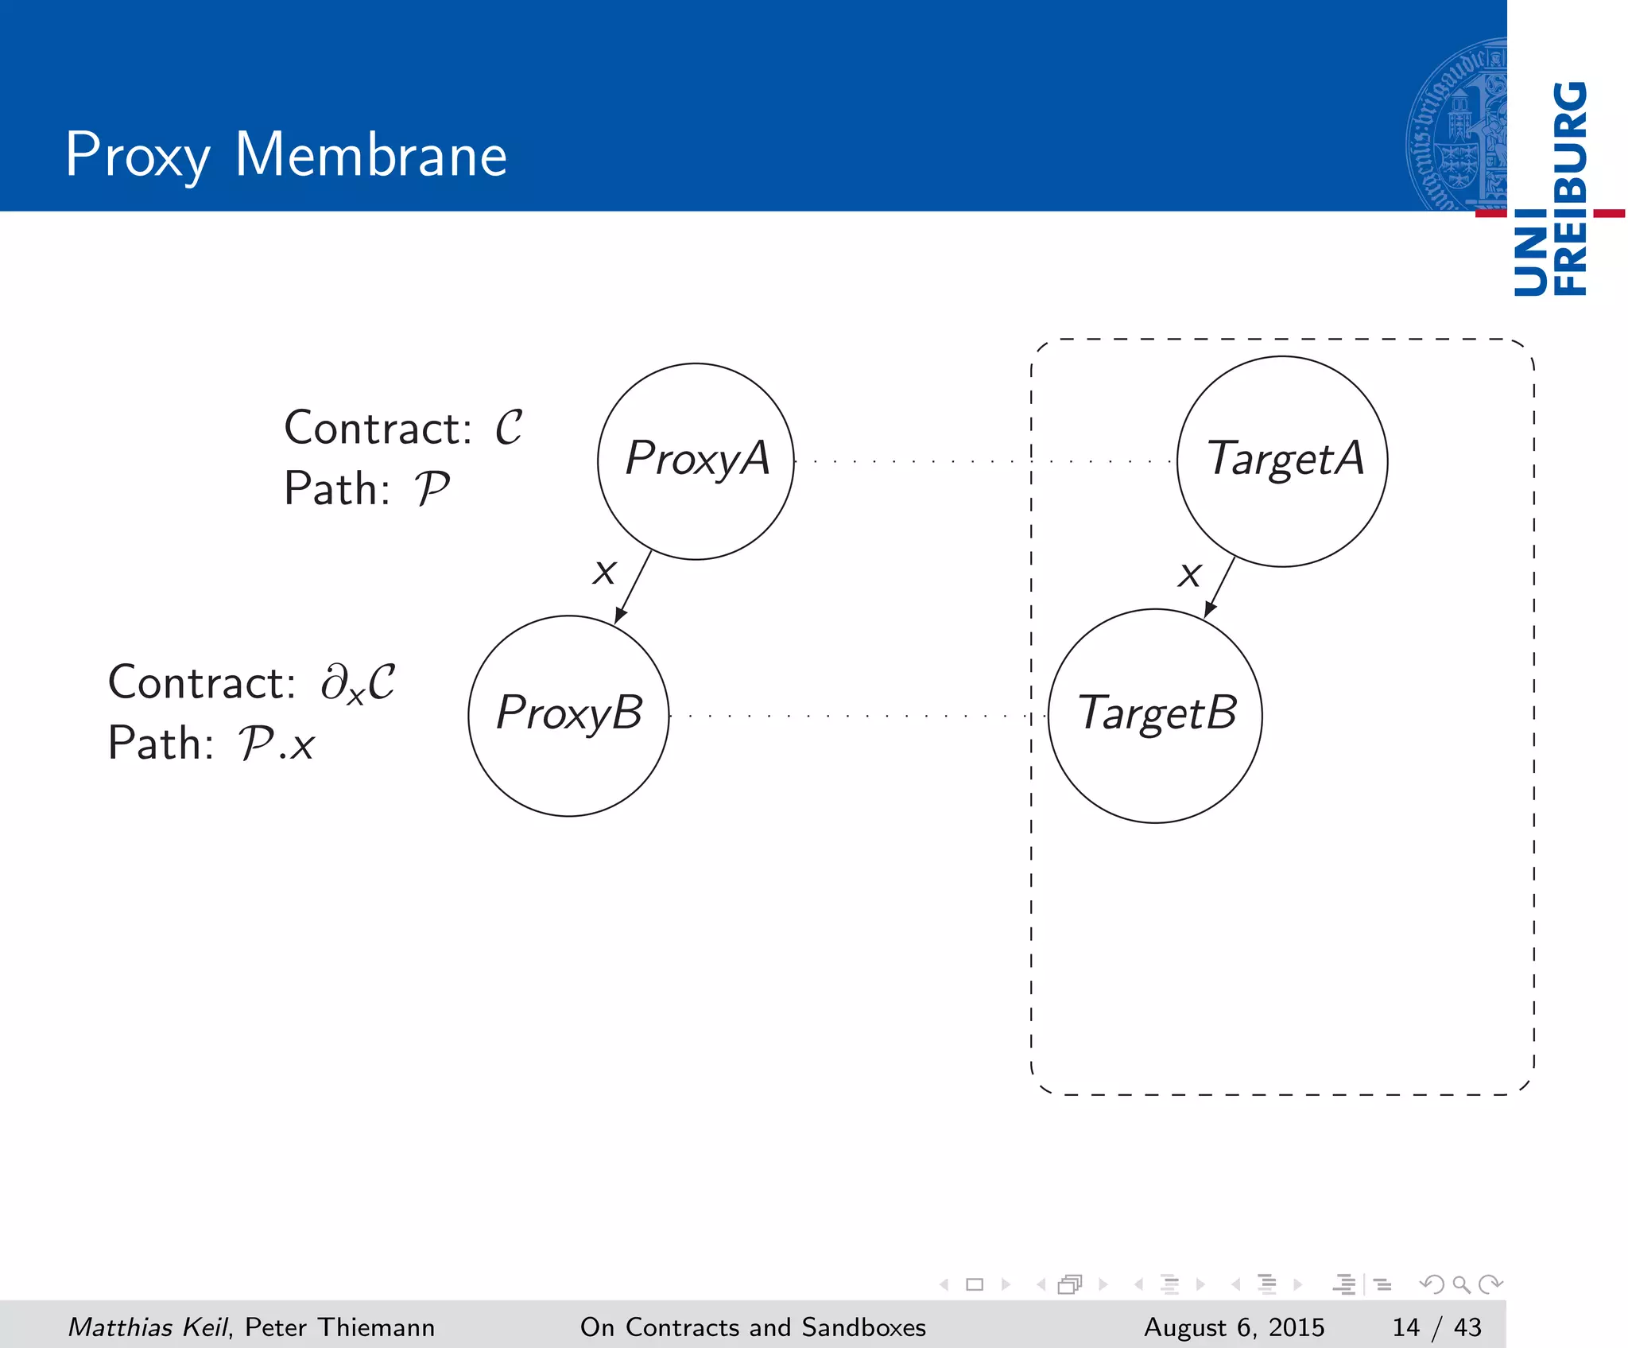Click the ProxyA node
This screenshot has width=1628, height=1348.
click(696, 461)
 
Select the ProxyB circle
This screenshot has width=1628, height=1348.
click(568, 715)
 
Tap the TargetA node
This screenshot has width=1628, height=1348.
click(1281, 461)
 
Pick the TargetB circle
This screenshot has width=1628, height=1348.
click(1155, 715)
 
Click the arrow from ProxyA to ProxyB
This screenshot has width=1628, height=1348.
click(633, 587)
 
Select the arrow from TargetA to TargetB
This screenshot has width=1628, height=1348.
click(1220, 586)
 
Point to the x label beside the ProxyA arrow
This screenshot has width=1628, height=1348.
click(604, 572)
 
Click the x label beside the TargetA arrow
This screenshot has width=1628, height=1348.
click(1189, 574)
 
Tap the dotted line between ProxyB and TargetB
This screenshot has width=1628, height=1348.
click(851, 716)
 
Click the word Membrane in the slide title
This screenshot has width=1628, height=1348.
click(370, 155)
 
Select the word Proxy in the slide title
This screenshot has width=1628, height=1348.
click(138, 155)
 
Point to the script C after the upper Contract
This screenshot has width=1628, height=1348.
click(509, 428)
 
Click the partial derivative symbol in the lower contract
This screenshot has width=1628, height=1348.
click(332, 682)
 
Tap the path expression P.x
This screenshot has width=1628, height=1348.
click(277, 744)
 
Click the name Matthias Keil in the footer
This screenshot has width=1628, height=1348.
click(148, 1327)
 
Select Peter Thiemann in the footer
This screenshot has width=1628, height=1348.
click(339, 1327)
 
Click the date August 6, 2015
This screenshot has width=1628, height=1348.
click(1234, 1327)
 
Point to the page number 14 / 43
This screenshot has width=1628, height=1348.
click(1436, 1327)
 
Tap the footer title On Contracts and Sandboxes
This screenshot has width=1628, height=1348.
click(753, 1327)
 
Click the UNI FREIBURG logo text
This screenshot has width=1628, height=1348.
click(1550, 188)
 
